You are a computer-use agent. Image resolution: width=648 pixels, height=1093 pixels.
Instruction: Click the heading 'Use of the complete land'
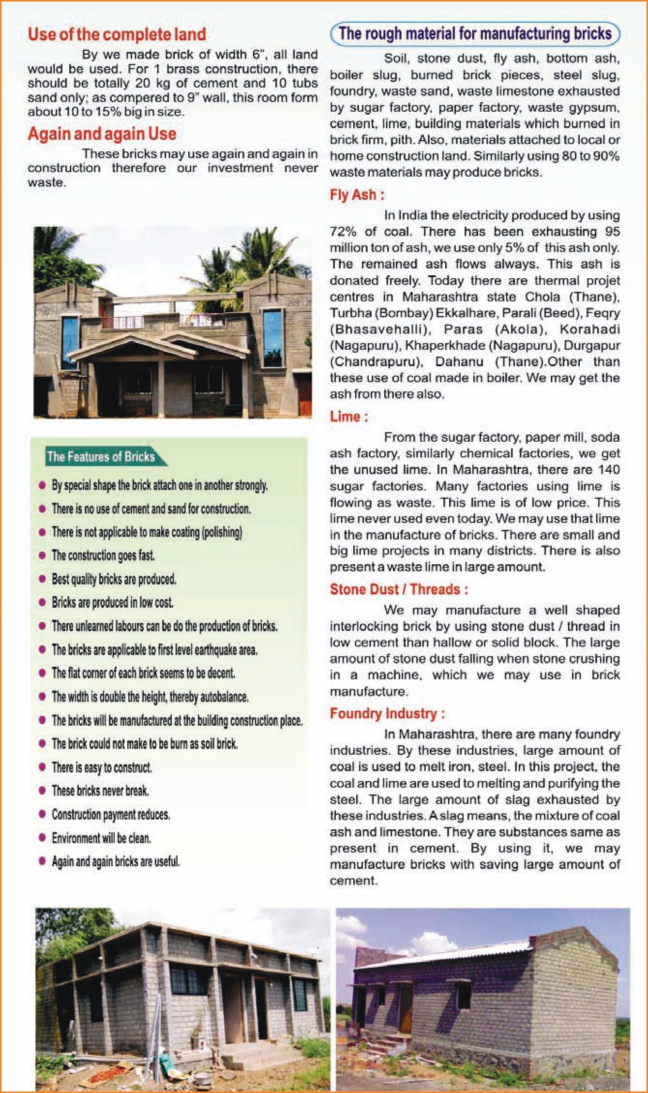point(117,34)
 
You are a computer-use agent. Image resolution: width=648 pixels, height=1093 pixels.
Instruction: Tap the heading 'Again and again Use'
point(102,134)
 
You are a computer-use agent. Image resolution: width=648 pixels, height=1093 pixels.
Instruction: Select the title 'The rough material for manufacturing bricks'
point(475,33)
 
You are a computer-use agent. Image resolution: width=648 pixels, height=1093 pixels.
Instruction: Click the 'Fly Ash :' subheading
point(357,195)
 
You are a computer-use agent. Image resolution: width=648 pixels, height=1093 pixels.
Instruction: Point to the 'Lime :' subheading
point(348,416)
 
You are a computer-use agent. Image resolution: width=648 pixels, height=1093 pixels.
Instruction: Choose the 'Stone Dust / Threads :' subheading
point(399,589)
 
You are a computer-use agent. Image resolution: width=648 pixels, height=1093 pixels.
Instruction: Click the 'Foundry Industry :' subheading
point(387,713)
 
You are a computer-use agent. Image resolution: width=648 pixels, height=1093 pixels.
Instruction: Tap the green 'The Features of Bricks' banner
point(101,457)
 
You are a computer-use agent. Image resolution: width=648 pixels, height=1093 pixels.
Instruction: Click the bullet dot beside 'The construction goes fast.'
point(42,555)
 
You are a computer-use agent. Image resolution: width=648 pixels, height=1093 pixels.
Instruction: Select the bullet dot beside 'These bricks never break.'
point(42,791)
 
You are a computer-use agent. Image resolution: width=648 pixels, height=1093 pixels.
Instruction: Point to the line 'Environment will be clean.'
point(101,838)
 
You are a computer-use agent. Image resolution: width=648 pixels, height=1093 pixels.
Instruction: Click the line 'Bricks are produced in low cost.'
point(112,602)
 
